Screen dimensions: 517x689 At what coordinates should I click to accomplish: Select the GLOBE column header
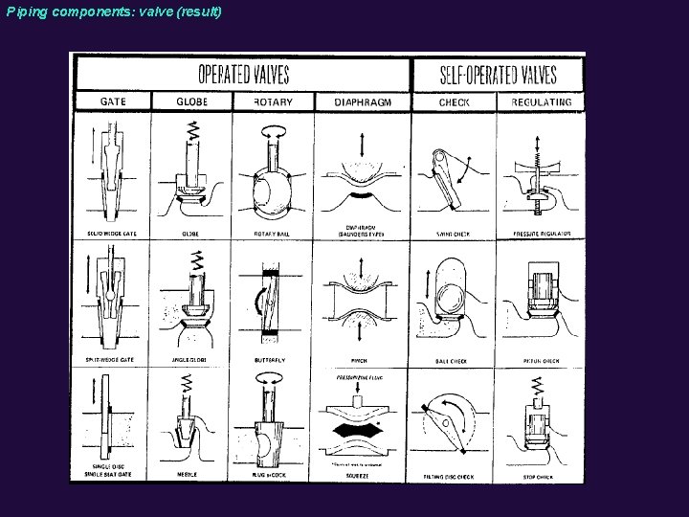pos(192,101)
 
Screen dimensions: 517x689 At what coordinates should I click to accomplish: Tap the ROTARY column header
pos(273,101)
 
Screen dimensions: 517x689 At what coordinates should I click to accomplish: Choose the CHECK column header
pos(454,101)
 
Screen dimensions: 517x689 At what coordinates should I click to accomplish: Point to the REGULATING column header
pos(542,101)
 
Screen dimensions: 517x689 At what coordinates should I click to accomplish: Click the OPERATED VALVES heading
pos(243,74)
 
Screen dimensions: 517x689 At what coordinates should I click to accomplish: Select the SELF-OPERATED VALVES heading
pos(498,74)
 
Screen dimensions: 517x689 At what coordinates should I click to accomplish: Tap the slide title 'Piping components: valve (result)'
pos(112,12)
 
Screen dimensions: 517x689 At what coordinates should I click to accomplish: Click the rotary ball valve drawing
pos(275,177)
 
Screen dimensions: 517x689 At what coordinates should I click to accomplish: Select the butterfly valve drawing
pos(274,297)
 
